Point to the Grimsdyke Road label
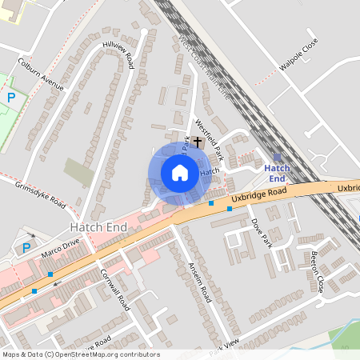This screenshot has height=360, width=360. click(39, 193)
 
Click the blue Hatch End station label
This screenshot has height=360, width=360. click(277, 174)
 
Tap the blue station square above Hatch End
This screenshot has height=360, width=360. click(277, 158)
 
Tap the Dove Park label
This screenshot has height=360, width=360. click(262, 233)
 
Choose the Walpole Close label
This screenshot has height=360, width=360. click(299, 54)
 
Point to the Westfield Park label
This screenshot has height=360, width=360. click(210, 138)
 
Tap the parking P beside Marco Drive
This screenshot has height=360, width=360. click(26, 248)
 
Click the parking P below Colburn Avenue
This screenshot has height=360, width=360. click(11, 98)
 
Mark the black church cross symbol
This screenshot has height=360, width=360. click(198, 142)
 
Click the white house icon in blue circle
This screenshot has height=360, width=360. click(180, 173)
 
